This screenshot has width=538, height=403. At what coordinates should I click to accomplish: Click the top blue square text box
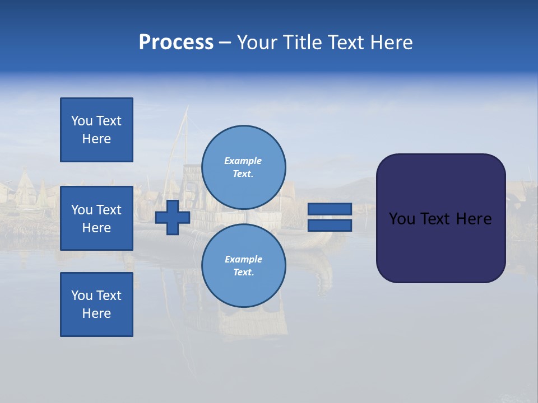pyautogui.click(x=96, y=130)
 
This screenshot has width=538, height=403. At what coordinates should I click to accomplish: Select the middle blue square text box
pyautogui.click(x=96, y=218)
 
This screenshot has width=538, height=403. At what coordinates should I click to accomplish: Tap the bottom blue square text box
pyautogui.click(x=96, y=304)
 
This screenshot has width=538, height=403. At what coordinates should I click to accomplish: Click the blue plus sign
pyautogui.click(x=173, y=218)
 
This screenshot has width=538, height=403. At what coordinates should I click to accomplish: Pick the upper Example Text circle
pyautogui.click(x=244, y=167)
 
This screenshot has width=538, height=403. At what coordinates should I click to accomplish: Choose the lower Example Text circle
pyautogui.click(x=244, y=266)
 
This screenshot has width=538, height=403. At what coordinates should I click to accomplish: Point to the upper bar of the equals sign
pyautogui.click(x=330, y=209)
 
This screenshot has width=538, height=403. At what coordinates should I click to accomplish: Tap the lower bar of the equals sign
pyautogui.click(x=330, y=226)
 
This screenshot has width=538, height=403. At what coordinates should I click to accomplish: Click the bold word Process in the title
pyautogui.click(x=176, y=43)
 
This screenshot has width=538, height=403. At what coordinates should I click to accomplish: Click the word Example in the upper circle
pyautogui.click(x=243, y=161)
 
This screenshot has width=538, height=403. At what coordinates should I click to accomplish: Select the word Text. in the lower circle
pyautogui.click(x=243, y=273)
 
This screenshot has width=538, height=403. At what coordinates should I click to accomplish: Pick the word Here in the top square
pyautogui.click(x=96, y=139)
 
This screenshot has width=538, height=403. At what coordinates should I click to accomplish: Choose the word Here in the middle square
pyautogui.click(x=96, y=228)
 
